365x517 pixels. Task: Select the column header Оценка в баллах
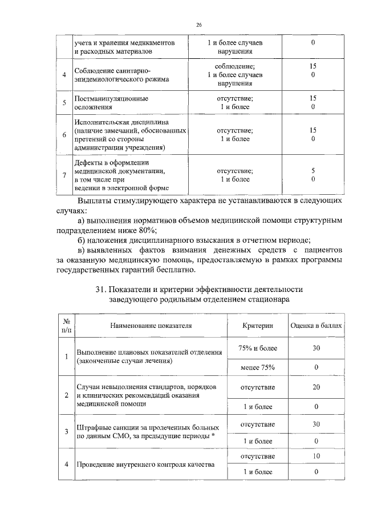(x=316, y=325)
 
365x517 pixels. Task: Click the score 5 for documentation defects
(x=313, y=171)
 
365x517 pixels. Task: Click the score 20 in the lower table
(x=316, y=387)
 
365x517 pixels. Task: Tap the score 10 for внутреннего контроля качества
(x=316, y=456)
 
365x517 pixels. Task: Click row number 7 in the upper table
(x=64, y=175)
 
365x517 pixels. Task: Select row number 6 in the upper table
(x=64, y=135)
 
